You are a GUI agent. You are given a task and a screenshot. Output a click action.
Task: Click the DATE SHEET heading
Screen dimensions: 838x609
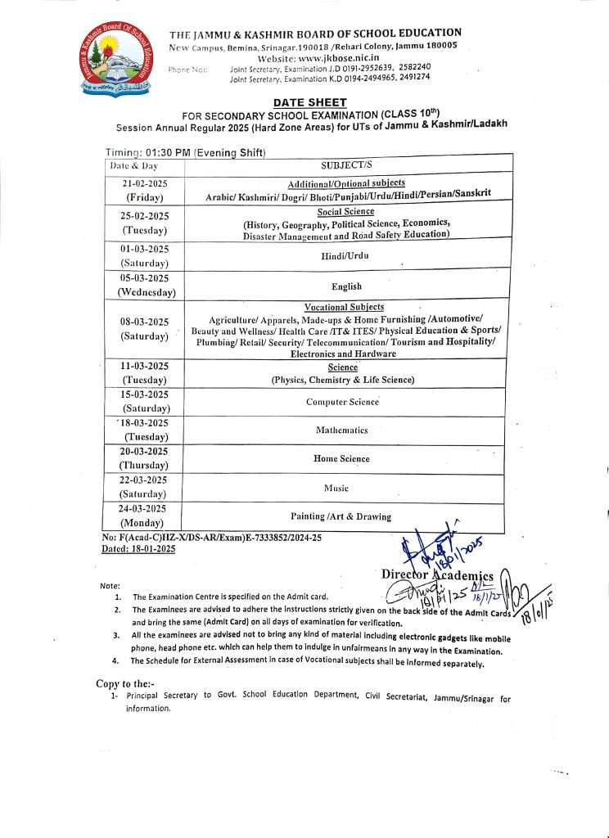point(309,102)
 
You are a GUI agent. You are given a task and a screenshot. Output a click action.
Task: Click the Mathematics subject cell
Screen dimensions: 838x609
point(342,430)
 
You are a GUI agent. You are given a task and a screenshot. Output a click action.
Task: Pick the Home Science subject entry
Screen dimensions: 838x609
point(341,458)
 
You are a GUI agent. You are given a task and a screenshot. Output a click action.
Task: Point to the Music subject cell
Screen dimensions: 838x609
point(336,488)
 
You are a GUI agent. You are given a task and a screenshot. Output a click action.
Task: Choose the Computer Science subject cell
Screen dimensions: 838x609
point(342,402)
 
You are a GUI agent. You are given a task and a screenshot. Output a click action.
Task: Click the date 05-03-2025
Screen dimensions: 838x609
point(145,277)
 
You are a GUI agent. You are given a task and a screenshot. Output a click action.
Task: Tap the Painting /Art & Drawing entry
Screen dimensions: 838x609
point(341,516)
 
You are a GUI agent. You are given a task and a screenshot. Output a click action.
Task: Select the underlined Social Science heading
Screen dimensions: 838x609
point(345,211)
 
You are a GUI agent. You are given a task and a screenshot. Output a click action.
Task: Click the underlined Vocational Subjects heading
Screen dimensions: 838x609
point(344,307)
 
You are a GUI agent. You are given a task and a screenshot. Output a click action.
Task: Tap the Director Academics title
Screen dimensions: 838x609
point(437,575)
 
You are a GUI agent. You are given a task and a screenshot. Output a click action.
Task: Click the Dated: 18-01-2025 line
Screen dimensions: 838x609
point(138,549)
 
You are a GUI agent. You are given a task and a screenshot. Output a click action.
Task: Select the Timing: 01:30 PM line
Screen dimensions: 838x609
point(186,153)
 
